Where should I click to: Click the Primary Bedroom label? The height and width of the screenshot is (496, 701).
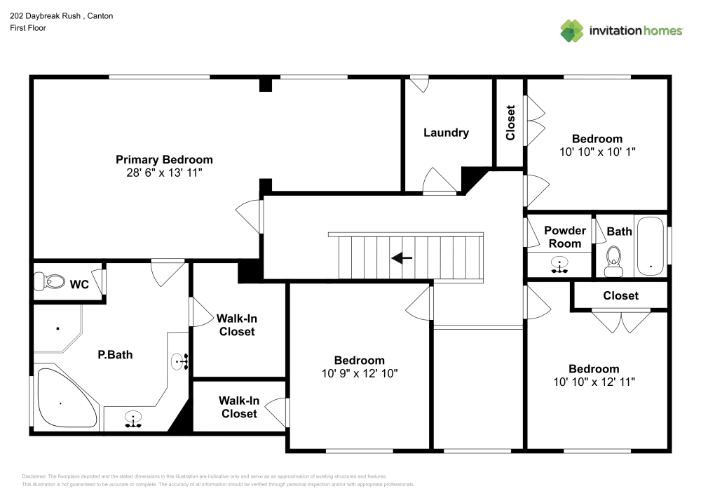click(164, 160)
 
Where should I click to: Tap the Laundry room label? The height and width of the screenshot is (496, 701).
click(446, 133)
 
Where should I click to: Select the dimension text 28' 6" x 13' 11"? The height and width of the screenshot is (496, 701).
click(164, 173)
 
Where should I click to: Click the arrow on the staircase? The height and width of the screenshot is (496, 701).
click(402, 258)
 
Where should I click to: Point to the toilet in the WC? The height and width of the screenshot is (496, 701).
click(49, 282)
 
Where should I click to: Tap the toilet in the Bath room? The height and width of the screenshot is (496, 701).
click(613, 262)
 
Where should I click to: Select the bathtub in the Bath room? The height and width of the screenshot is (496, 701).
click(651, 246)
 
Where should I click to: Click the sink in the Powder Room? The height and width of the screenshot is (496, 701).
click(559, 264)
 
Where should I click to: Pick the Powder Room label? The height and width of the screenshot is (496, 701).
click(565, 237)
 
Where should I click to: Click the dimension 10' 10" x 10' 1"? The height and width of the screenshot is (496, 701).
click(597, 152)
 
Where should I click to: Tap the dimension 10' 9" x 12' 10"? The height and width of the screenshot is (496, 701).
click(360, 373)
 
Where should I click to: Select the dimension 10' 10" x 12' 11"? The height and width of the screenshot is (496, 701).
click(594, 382)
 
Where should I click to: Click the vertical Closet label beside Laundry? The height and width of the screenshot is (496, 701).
click(510, 123)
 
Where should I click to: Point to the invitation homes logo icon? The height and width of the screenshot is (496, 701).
click(572, 31)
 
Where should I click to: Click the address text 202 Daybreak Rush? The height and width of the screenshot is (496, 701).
click(45, 16)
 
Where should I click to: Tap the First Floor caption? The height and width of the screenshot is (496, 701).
click(28, 28)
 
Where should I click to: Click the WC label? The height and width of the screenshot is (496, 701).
click(79, 284)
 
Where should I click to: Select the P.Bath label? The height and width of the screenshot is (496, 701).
click(116, 355)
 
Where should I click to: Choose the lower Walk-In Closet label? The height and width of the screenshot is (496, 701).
click(239, 407)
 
